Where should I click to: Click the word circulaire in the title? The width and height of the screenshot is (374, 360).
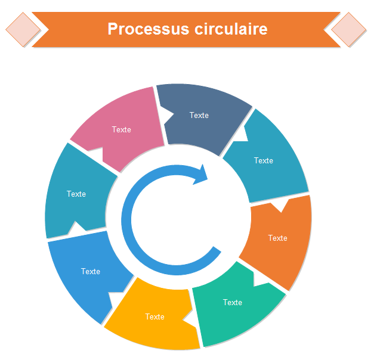coord(230,29)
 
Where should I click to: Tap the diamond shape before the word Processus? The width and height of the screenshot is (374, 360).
coord(23,29)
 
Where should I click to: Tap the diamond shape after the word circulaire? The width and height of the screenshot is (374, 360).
coord(349,29)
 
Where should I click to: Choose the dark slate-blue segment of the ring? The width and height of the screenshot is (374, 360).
coord(203,116)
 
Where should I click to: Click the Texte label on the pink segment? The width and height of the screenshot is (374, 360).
coord(122,129)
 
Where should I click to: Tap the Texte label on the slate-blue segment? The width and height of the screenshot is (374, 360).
coord(199,115)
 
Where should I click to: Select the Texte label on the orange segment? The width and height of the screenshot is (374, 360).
coord(278,238)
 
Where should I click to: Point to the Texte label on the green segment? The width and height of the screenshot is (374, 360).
coord(233,302)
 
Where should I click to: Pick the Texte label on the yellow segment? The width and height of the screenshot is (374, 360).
coord(155,316)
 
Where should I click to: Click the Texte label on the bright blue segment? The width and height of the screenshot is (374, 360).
coord(91,271)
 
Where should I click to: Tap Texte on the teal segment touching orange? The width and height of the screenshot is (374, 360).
coord(264,160)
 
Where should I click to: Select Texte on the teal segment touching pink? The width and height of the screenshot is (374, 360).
coord(76,194)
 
